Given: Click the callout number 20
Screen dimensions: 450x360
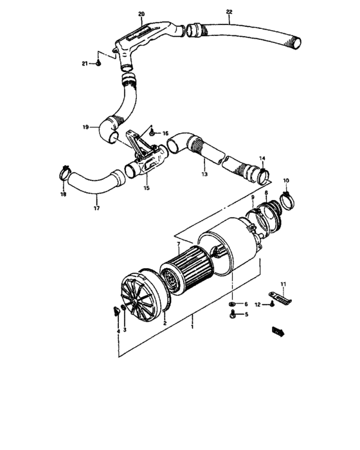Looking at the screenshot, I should pos(141,14).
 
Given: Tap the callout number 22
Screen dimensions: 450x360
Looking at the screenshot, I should pos(230,12).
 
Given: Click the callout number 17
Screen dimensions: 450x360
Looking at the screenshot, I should pos(97,208).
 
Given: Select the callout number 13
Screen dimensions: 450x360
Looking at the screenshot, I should pos(203,174).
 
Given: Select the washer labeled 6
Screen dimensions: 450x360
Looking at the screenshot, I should pos(231,303).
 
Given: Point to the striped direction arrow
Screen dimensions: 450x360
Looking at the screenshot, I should pos(280,331).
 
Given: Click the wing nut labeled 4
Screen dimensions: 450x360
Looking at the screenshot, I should pos(113,312).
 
